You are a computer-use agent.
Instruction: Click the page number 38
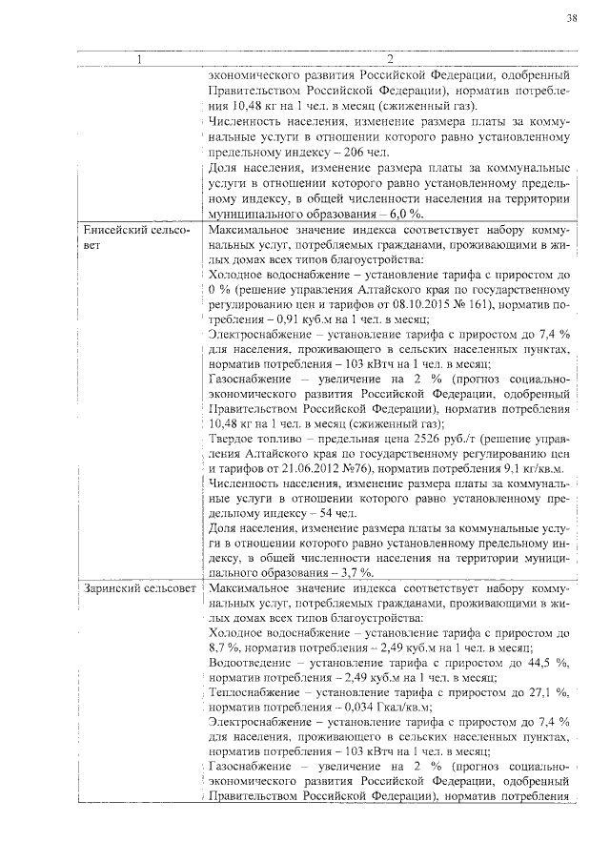tap(571, 18)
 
